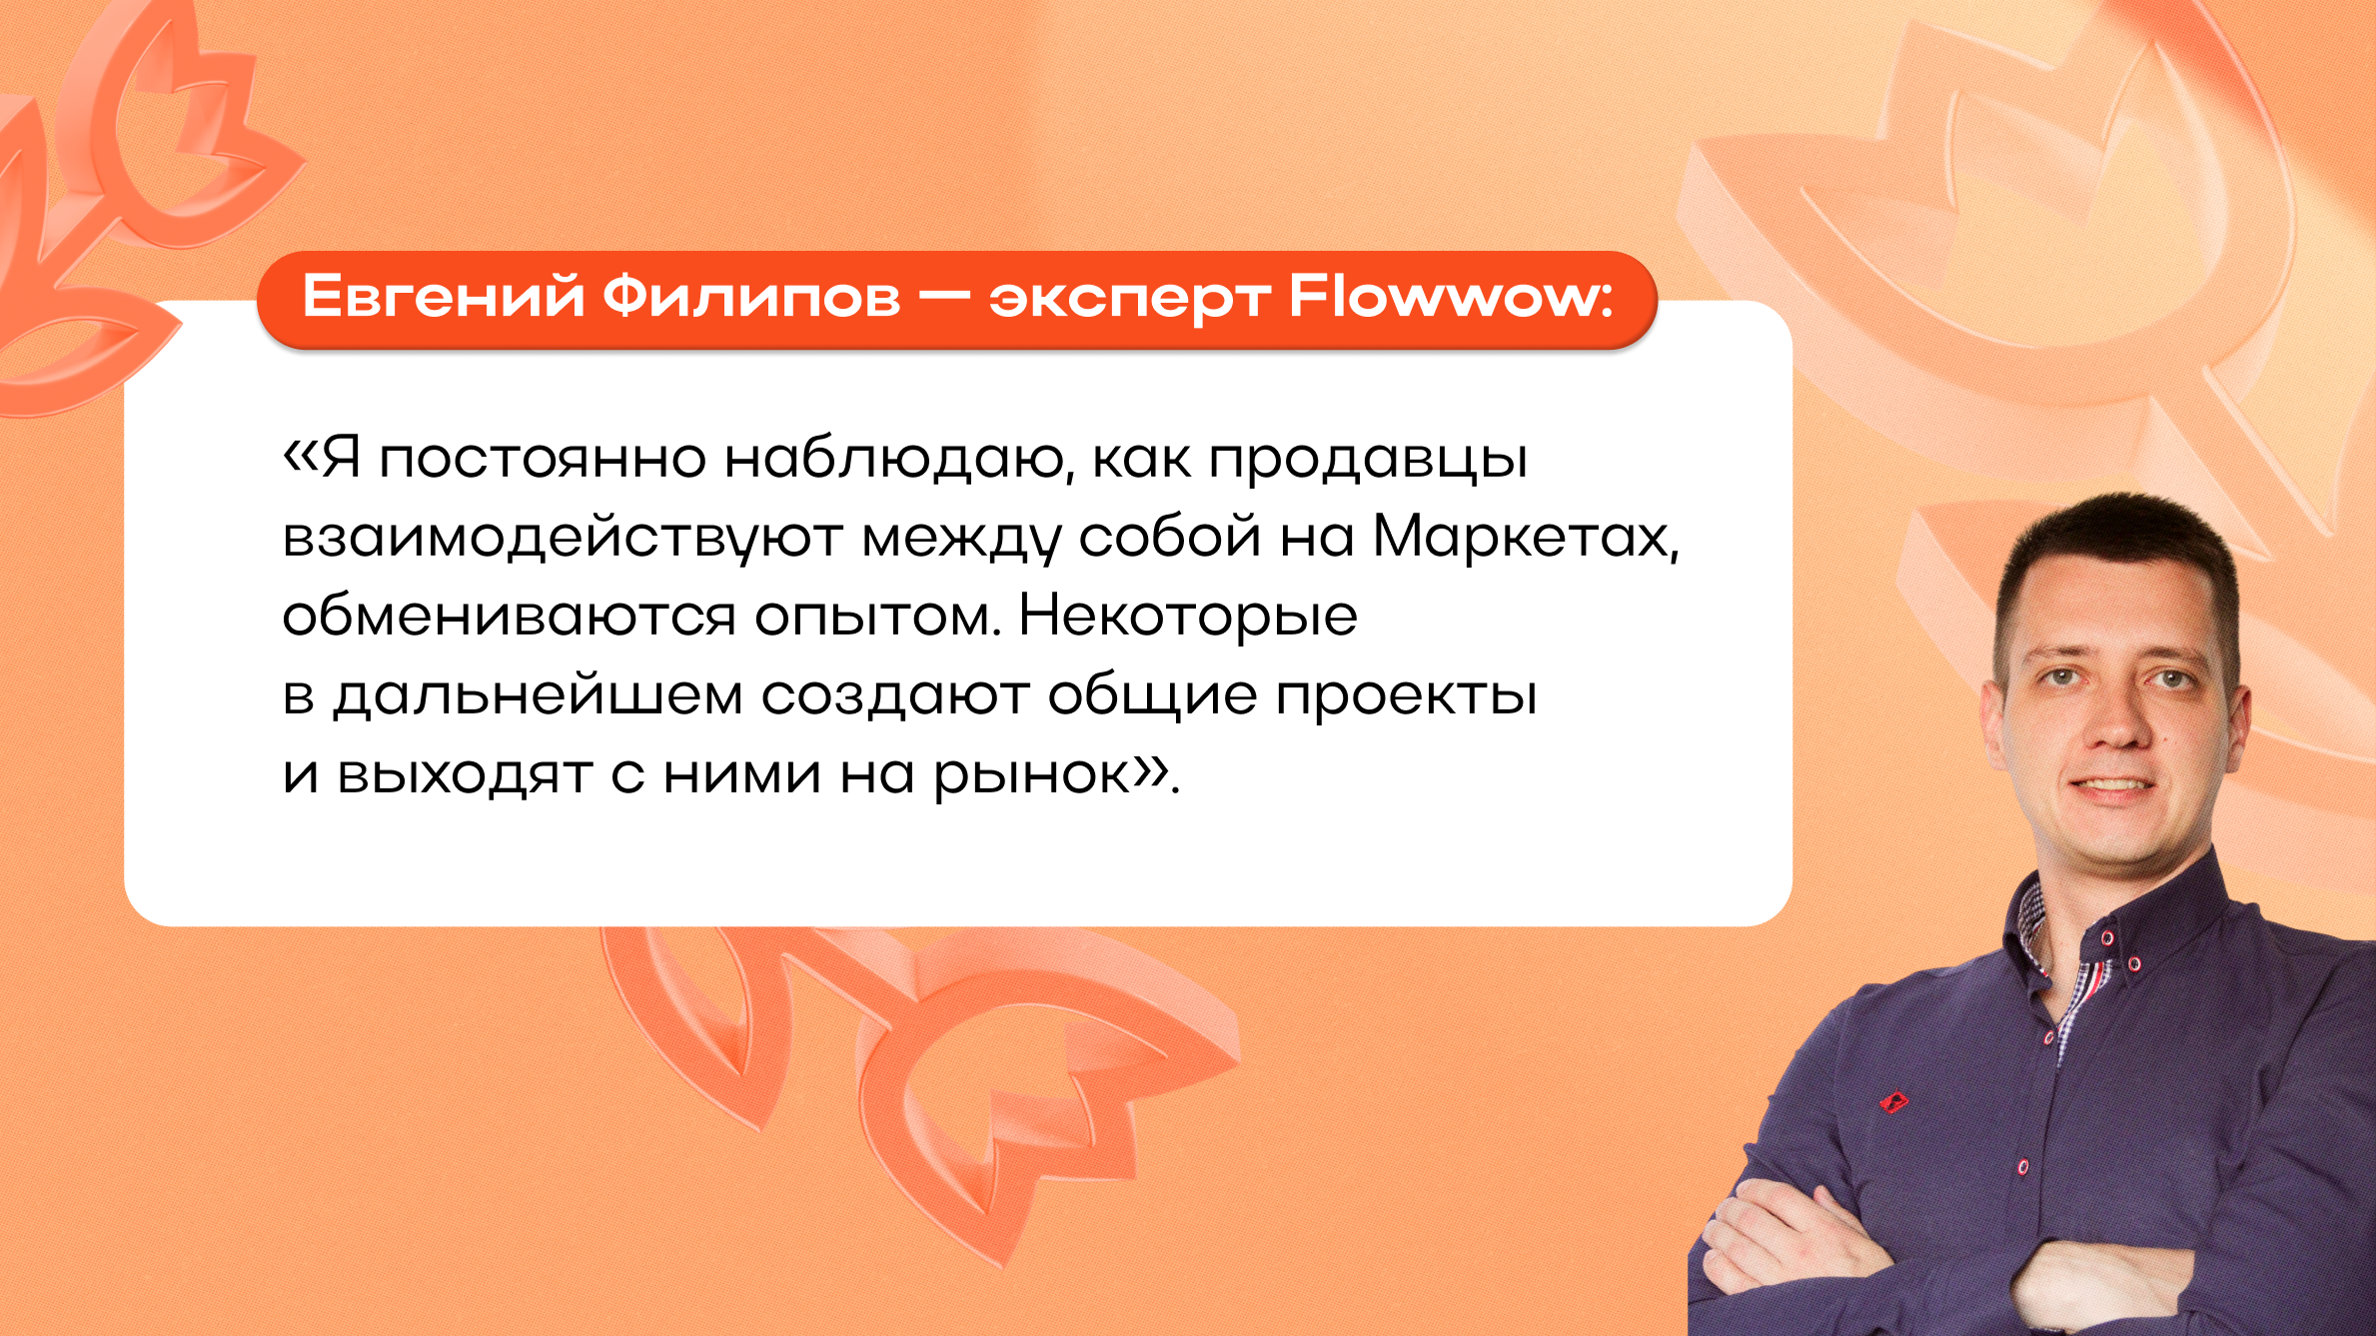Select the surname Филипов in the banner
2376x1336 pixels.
click(x=750, y=297)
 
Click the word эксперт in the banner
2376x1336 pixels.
click(x=1130, y=301)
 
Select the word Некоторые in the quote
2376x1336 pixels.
click(x=1188, y=618)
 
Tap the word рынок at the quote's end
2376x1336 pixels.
click(x=1030, y=777)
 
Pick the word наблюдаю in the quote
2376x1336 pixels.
click(x=893, y=460)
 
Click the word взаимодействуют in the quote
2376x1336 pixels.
click(x=563, y=540)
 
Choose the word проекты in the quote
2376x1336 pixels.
click(x=1406, y=697)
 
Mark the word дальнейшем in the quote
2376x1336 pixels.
click(x=539, y=696)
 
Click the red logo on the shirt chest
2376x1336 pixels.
click(x=1893, y=1102)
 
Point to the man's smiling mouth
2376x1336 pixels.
click(x=2112, y=785)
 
